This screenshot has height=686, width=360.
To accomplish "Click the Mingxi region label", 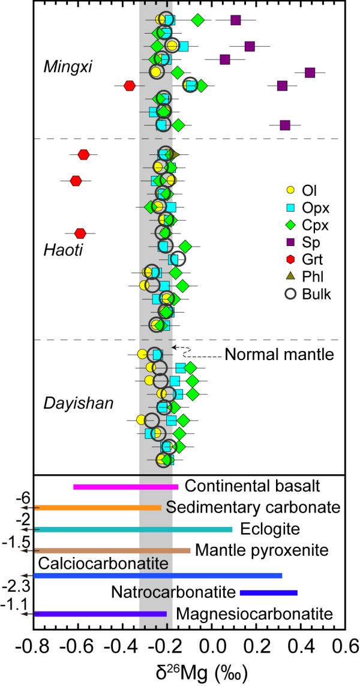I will click(67, 65).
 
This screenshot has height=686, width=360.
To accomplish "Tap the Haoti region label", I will click(62, 250).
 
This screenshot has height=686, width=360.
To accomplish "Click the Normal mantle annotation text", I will click(279, 355).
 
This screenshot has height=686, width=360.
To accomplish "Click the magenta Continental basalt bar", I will click(126, 487).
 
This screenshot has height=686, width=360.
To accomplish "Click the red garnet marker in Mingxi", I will click(130, 86).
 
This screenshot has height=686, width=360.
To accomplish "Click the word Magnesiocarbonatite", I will click(254, 614).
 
